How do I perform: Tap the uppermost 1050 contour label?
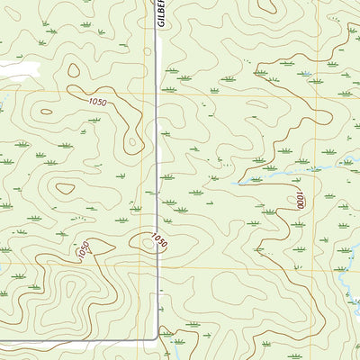[x=97, y=103]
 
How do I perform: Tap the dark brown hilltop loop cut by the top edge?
[x=267, y=7]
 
